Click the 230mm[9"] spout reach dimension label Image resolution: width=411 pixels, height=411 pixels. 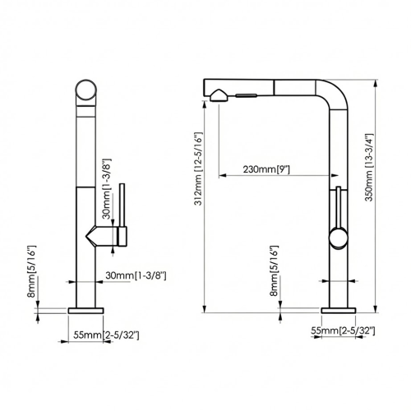(x=266, y=170)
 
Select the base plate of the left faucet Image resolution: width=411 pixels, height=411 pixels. (x=85, y=312)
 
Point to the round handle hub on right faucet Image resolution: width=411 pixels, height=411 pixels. (x=338, y=239)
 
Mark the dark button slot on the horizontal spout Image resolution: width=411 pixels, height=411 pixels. (x=245, y=96)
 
